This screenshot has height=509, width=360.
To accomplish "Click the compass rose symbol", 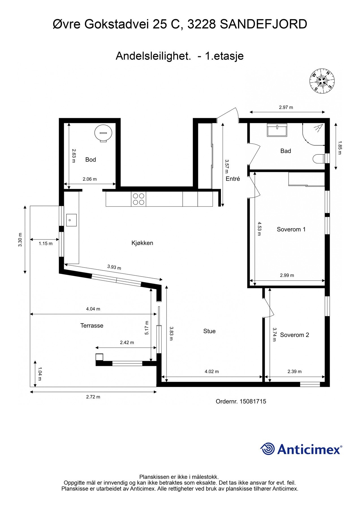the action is click(x=322, y=81).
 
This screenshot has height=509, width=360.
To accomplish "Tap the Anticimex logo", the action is click(x=301, y=449).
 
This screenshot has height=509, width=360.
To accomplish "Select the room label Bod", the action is click(x=90, y=160).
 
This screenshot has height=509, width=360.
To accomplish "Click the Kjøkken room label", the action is click(x=142, y=243).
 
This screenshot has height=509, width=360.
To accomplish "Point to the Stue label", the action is click(x=209, y=331).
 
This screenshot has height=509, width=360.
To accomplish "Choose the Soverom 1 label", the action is click(x=291, y=229).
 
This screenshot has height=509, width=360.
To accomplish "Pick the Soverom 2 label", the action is click(x=294, y=335).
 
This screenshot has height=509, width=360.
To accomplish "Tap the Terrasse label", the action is click(x=92, y=326).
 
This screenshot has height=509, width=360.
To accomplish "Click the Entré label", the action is click(x=233, y=179).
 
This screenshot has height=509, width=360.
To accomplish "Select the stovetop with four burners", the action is click(x=138, y=199).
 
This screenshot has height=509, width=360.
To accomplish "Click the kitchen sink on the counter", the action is click(x=71, y=220).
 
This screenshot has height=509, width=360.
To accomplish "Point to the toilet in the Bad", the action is click(x=320, y=158).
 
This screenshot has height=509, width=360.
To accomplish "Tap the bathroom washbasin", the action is click(x=277, y=130).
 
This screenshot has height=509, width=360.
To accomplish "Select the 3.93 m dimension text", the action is click(x=114, y=267).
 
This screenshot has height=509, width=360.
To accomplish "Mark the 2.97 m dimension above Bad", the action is click(x=286, y=107).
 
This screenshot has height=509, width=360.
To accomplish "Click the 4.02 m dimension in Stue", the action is click(x=212, y=372).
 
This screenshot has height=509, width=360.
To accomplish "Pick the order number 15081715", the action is click(x=241, y=402).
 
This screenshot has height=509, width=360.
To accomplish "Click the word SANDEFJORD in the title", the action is click(x=263, y=24).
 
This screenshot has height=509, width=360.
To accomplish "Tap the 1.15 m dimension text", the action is click(x=46, y=243).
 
